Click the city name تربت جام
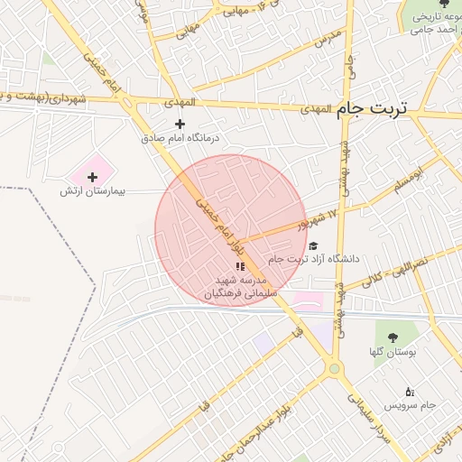(371, 108)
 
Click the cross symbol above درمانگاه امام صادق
(180, 124)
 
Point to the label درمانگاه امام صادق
(180, 139)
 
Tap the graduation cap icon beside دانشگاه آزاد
(313, 245)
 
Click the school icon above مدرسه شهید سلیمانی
(240, 266)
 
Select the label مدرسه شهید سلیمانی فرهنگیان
(241, 288)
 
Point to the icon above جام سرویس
(411, 392)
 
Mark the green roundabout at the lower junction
(334, 367)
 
